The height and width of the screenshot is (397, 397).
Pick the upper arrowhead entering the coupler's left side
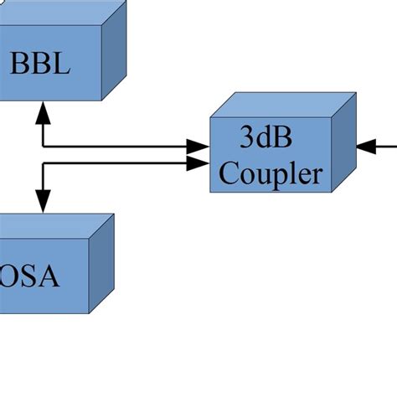[198, 147]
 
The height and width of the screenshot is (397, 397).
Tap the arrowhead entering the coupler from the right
[366, 147]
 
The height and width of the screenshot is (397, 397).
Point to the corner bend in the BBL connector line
[43, 147]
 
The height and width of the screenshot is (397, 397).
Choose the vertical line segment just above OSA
[43, 178]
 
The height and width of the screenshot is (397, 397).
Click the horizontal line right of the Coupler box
[385, 147]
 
